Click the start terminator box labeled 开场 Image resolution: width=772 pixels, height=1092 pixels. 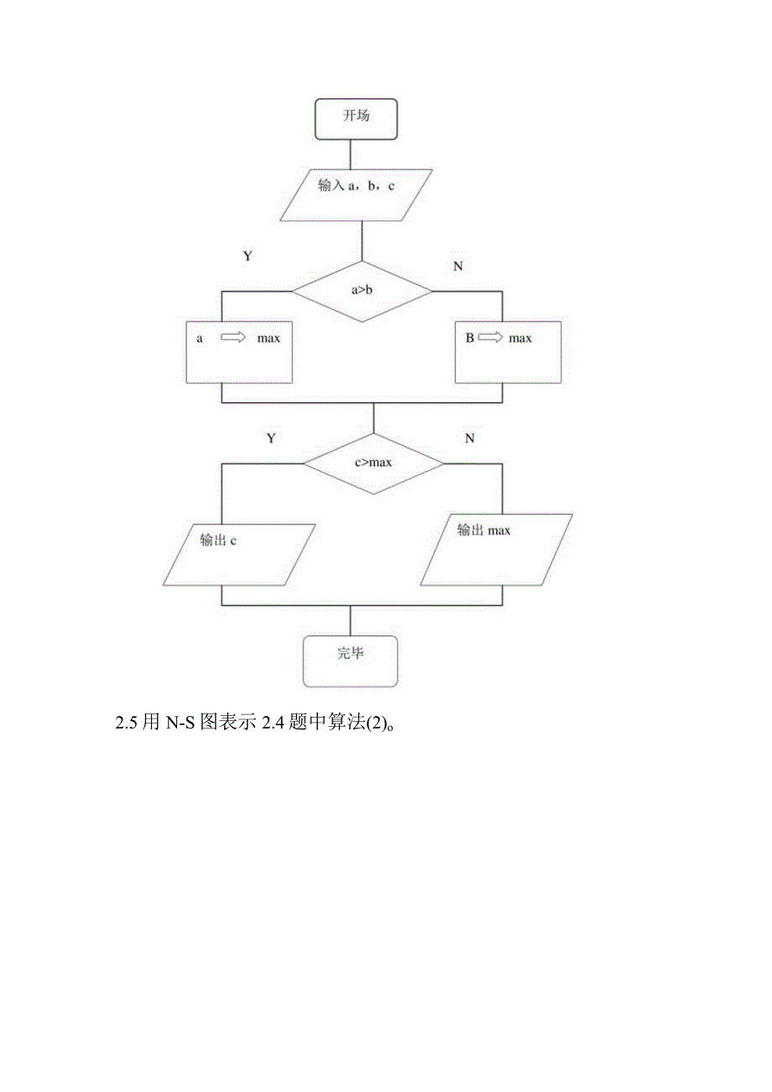356,118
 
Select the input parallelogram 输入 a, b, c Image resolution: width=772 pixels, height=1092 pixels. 356,195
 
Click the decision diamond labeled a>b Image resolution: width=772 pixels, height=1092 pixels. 362,291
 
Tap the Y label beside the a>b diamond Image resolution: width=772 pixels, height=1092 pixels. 248,257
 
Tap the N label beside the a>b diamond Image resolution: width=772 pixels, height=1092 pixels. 458,266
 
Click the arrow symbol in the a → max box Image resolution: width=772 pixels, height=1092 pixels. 232,338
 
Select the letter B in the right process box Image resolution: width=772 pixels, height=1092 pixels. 470,338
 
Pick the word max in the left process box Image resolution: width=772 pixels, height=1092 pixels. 269,338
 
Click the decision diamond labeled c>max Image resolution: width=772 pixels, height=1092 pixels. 373,462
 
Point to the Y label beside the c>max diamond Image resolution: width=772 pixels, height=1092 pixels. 271,438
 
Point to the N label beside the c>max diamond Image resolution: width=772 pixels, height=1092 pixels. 469,438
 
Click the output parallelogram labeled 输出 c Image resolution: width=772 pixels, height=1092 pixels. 237,554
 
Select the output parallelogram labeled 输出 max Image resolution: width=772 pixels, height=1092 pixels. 496,550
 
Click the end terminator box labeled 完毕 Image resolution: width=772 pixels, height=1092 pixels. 350,661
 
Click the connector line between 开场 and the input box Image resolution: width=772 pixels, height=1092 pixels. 352,154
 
